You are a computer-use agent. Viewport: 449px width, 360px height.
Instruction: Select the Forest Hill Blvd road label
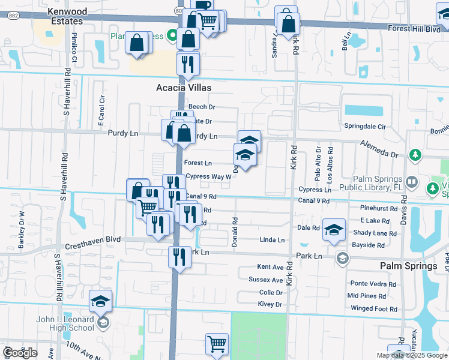click(414, 28)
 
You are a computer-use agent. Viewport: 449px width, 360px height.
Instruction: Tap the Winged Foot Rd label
click(374, 309)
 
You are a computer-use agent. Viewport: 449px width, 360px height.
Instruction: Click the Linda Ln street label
click(272, 240)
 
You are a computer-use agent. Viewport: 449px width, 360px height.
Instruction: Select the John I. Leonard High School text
click(64, 324)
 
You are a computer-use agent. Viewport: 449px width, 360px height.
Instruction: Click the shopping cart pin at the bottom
click(217, 344)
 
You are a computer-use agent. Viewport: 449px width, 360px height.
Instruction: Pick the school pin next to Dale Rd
click(334, 229)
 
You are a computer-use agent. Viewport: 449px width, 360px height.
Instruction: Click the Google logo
click(20, 352)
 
